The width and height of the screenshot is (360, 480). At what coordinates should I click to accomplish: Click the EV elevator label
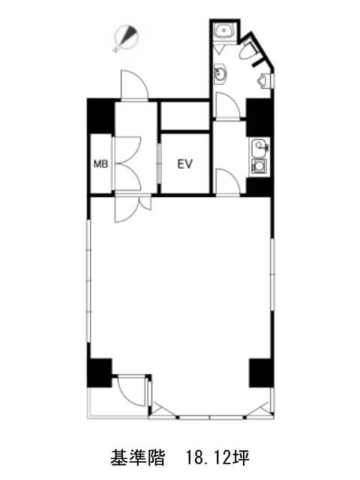(185, 164)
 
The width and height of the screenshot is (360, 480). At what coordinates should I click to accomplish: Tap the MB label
(100, 164)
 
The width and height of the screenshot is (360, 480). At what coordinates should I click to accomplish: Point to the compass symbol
(126, 38)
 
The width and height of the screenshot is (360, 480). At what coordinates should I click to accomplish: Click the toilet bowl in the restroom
(248, 50)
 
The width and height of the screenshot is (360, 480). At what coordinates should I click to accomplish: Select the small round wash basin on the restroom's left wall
(220, 74)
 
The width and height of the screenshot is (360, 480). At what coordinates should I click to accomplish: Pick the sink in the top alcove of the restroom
(224, 31)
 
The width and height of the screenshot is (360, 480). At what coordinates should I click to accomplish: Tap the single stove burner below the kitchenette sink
(259, 166)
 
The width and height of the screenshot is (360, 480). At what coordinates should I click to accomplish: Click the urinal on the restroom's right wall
(264, 81)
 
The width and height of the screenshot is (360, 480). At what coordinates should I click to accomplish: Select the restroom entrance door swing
(228, 105)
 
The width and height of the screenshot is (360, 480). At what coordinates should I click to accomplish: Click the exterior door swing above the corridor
(135, 84)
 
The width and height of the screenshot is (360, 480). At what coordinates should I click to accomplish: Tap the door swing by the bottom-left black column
(132, 391)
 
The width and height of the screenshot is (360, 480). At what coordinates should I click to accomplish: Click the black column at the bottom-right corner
(261, 373)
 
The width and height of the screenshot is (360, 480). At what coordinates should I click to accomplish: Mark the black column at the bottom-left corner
(99, 373)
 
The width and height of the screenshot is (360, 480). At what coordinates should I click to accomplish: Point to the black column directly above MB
(100, 116)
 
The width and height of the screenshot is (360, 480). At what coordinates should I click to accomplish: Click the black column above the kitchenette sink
(259, 118)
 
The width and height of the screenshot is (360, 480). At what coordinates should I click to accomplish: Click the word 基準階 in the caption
(137, 457)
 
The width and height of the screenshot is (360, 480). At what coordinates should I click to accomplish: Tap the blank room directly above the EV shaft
(185, 115)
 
